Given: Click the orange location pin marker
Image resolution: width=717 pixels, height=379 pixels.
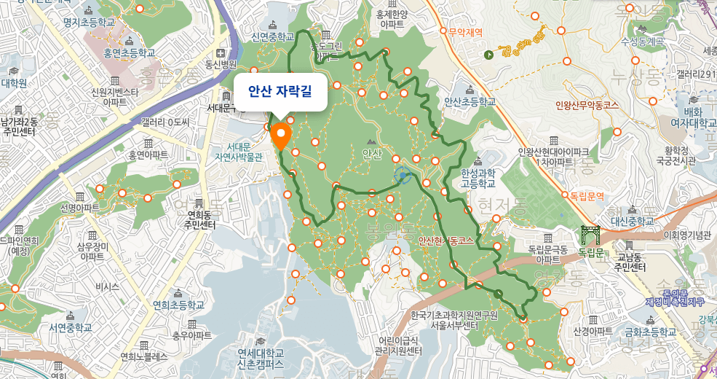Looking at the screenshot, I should [281, 136].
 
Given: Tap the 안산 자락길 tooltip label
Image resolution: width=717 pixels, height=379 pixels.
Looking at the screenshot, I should [280, 92].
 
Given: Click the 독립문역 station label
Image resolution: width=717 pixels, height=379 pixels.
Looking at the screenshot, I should [587, 195].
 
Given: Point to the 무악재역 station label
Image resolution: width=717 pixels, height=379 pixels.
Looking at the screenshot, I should [466, 32].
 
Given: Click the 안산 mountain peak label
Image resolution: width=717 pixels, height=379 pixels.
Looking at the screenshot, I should [371, 153].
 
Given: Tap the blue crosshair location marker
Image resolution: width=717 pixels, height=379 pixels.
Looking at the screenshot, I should [403, 175].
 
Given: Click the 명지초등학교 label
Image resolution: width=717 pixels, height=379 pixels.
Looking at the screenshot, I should [90, 23].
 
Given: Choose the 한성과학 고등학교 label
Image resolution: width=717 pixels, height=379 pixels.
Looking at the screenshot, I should [478, 178].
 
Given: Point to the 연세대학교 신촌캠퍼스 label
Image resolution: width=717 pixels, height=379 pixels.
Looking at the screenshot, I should [260, 357].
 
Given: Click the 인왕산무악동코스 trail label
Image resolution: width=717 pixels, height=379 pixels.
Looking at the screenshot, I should [586, 105].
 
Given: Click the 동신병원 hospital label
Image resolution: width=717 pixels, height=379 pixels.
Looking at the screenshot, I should [221, 64].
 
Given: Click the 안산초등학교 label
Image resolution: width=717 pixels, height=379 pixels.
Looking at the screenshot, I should [469, 103].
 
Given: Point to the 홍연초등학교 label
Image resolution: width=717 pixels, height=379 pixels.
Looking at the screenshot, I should [130, 52].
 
